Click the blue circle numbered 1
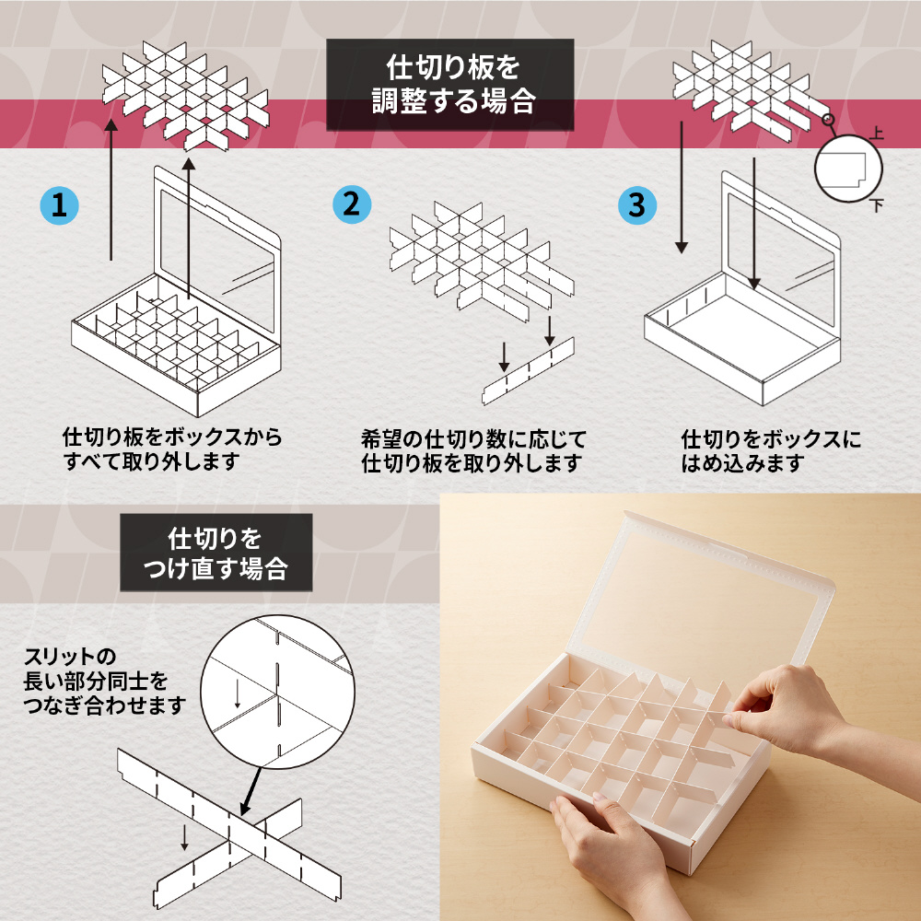(59, 205)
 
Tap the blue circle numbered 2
(352, 204)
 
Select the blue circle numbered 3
(637, 205)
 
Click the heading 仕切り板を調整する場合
(450, 85)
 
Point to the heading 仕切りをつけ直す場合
(216, 553)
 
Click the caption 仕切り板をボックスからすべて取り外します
(172, 449)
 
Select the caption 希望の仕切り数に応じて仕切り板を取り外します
(473, 451)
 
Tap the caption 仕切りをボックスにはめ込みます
(771, 451)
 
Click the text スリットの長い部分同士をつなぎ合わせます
(105, 681)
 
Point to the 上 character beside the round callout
(877, 133)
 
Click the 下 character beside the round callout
(878, 205)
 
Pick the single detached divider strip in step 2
(528, 371)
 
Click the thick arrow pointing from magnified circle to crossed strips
(251, 790)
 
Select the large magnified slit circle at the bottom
(277, 692)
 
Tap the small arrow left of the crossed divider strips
(184, 837)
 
